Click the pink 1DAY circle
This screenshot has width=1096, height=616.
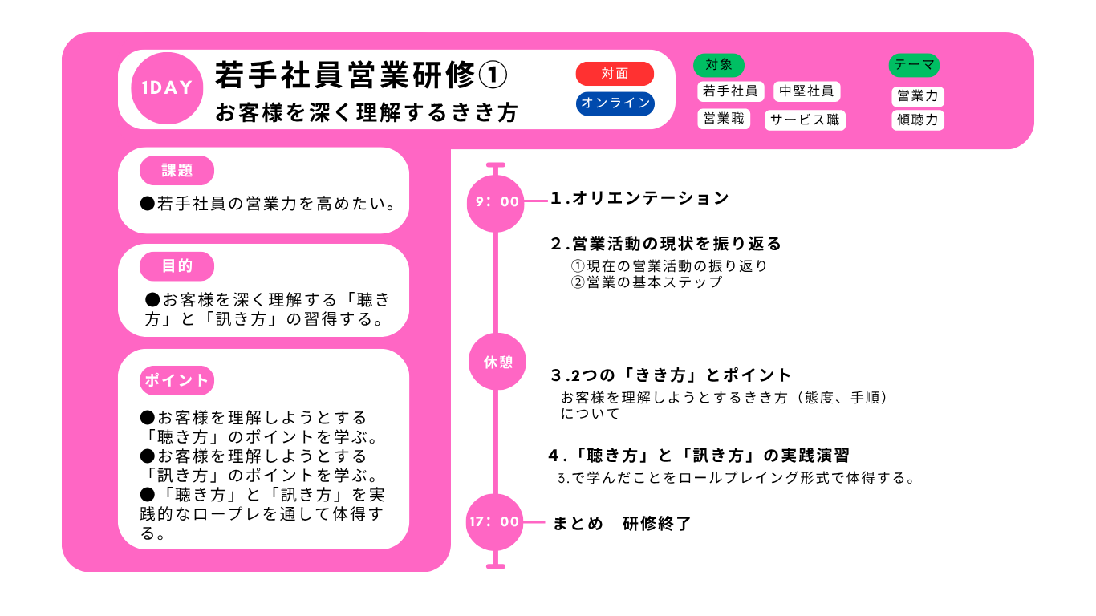click(167, 88)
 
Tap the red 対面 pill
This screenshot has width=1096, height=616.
click(615, 74)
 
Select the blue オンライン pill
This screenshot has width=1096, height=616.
click(615, 103)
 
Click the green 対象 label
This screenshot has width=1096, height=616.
click(719, 65)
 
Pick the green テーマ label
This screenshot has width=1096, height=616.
click(914, 65)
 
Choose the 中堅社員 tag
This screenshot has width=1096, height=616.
click(807, 91)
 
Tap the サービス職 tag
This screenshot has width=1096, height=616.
click(805, 120)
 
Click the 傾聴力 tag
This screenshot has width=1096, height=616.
click(917, 120)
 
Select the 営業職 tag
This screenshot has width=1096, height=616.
click(724, 119)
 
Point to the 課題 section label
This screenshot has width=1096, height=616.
click(177, 170)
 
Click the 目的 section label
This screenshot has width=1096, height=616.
click(177, 266)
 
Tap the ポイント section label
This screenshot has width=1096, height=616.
click(177, 380)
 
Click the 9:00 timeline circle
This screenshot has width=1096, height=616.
click(496, 201)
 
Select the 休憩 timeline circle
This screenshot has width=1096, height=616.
click(497, 362)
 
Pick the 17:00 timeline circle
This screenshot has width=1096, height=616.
click(494, 522)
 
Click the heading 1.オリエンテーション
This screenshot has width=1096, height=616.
click(640, 198)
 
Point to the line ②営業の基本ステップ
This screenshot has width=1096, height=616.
click(647, 282)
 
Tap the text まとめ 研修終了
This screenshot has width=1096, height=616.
click(621, 524)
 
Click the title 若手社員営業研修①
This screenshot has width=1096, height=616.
click(361, 76)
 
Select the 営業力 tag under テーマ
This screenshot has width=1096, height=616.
click(917, 96)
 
